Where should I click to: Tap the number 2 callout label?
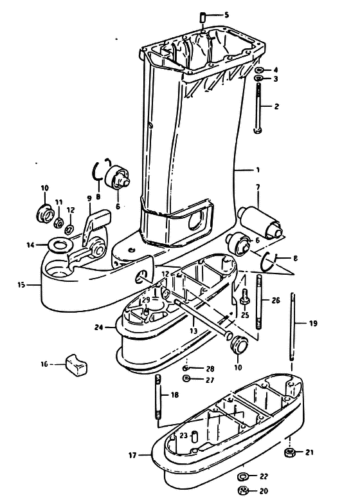[276, 106]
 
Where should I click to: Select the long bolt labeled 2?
[258, 107]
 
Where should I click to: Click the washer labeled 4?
[258, 70]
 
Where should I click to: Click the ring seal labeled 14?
[59, 245]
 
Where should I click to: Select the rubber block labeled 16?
[76, 364]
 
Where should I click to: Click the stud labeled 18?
[158, 396]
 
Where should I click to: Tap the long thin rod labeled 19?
[292, 326]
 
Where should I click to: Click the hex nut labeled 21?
[289, 452]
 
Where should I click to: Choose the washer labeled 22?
[244, 477]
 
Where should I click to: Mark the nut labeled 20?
[244, 490]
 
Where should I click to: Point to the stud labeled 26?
[259, 301]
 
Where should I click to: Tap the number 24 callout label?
[99, 328]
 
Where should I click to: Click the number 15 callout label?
[21, 285]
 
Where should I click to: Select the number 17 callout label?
[132, 456]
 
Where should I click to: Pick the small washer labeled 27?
[186, 378]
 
